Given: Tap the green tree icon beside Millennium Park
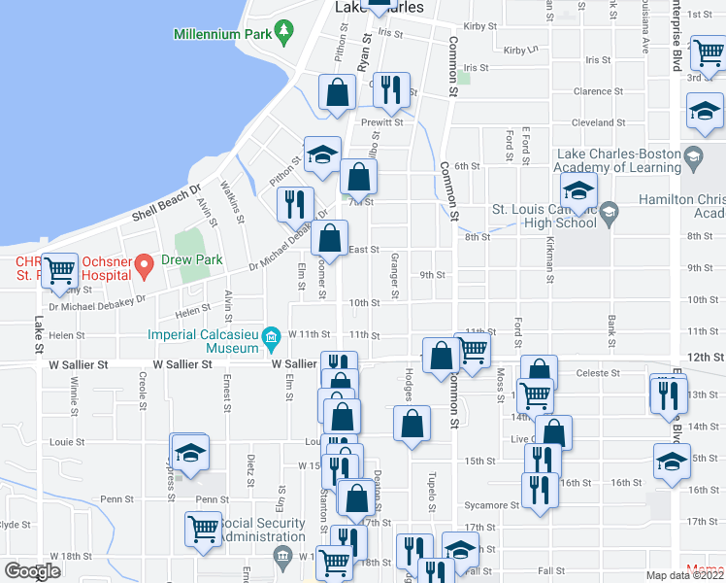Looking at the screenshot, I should click(283, 32).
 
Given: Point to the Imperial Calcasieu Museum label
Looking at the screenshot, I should click(205, 335).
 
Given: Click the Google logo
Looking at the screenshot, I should click(32, 570).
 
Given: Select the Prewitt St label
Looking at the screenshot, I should click(381, 122).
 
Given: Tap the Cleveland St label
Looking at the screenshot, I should click(599, 123).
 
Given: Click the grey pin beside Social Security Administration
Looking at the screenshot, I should click(283, 556).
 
